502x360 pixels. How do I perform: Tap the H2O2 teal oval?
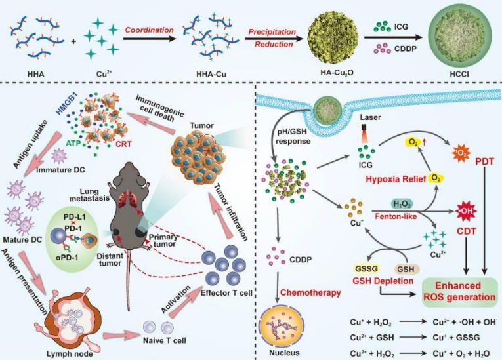[386, 204]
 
